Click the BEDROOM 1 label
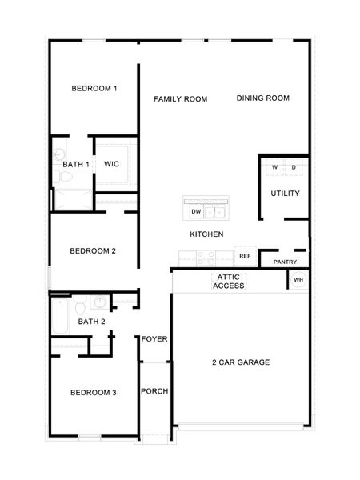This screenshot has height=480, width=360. click(94, 88)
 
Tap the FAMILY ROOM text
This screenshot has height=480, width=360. click(181, 99)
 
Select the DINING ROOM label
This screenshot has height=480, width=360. click(262, 98)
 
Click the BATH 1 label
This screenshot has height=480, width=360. click(76, 164)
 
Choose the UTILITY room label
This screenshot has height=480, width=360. click(285, 193)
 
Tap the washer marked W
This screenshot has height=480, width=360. click(274, 167)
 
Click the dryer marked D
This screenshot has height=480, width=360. click(294, 167)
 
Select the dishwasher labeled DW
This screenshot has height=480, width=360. click(196, 212)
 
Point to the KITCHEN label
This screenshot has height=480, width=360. click(206, 234)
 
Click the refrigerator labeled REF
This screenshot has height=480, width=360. click(246, 256)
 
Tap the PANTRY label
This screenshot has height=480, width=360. click(286, 262)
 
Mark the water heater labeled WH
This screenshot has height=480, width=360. click(298, 280)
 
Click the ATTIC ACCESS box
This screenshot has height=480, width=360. click(229, 281)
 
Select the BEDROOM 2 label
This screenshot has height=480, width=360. click(93, 251)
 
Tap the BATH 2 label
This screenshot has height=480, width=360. click(91, 322)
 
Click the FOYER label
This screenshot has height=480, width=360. click(154, 339)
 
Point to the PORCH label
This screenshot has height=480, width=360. click(154, 391)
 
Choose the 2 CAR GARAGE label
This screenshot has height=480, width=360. click(241, 362)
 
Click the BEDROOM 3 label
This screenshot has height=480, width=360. click(94, 392)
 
